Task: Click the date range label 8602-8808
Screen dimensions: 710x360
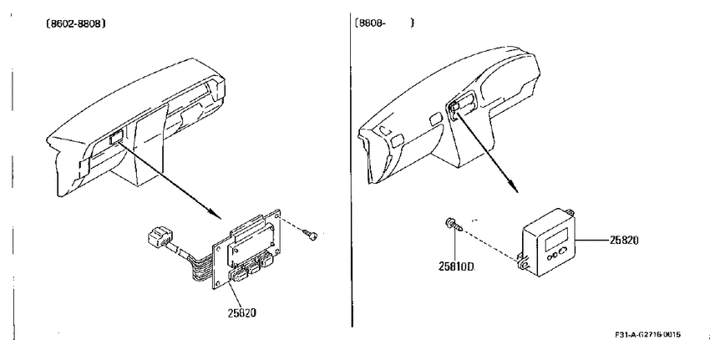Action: (x=76, y=23)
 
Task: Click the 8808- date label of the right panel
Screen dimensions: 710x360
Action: (x=370, y=23)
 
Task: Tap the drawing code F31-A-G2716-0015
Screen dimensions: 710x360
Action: (x=647, y=335)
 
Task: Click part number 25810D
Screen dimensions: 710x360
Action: (x=456, y=266)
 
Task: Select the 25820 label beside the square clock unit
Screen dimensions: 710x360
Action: (x=623, y=241)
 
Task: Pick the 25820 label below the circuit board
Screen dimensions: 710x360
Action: (x=241, y=312)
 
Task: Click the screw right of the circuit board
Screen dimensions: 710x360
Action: (x=311, y=234)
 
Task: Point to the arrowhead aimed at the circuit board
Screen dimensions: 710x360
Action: (x=216, y=212)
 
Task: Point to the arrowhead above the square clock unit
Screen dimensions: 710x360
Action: (x=513, y=185)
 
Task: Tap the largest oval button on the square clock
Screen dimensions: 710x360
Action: (x=563, y=252)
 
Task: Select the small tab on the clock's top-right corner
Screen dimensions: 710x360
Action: (x=570, y=211)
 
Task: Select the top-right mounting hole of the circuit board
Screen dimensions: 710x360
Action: (x=276, y=213)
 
